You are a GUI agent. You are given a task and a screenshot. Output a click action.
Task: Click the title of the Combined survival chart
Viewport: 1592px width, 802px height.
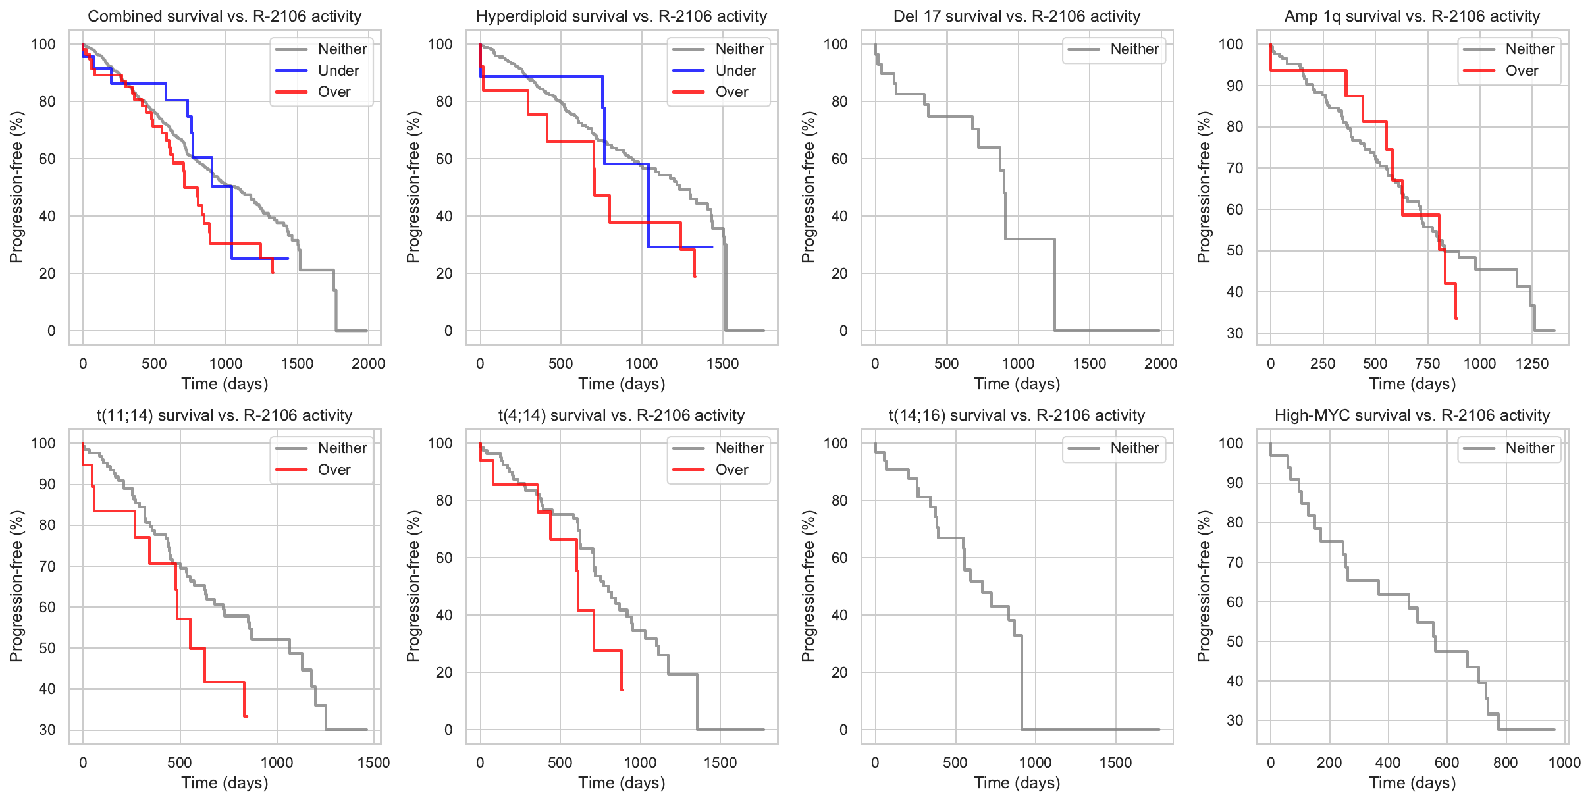tap(225, 16)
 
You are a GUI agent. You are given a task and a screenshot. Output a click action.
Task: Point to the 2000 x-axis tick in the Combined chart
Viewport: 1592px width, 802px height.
tap(368, 363)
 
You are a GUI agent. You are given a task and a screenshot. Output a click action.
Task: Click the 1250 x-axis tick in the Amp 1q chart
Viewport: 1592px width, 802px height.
tap(1532, 363)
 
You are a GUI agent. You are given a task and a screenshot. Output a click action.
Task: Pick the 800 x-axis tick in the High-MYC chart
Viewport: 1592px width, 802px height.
tap(1506, 762)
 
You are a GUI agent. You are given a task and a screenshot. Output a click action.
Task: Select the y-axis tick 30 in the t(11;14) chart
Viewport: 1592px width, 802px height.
tap(47, 730)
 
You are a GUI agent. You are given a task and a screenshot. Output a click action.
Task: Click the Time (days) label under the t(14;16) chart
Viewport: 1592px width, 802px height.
tap(1017, 782)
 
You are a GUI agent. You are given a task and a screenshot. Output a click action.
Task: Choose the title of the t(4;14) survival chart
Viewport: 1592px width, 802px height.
tap(622, 415)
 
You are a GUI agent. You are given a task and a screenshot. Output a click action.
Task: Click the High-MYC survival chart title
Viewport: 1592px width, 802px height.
tap(1412, 415)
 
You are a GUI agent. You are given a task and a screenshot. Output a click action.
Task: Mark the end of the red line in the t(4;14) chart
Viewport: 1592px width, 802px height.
tap(622, 690)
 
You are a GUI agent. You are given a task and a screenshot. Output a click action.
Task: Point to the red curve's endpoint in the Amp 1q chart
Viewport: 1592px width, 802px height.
tap(1456, 319)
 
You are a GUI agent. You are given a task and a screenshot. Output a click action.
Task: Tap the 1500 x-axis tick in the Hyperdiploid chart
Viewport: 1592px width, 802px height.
tap(722, 363)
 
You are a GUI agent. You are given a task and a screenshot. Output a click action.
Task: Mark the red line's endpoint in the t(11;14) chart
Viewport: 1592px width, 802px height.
tap(246, 716)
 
